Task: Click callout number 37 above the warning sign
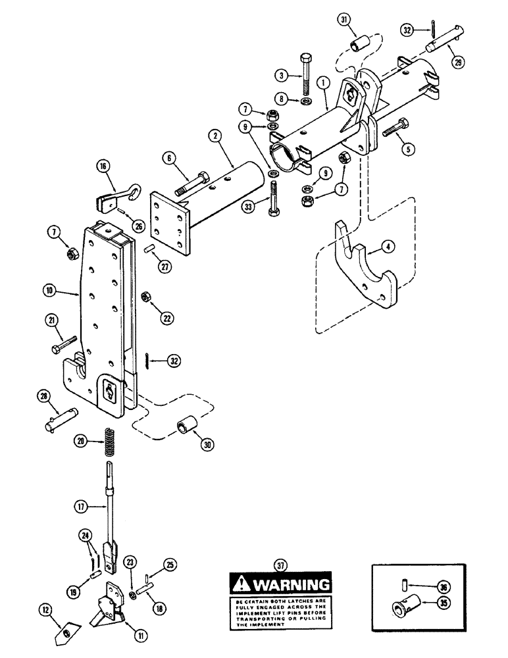point(280,563)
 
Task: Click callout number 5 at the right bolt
point(409,149)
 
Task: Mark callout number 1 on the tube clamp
point(323,84)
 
